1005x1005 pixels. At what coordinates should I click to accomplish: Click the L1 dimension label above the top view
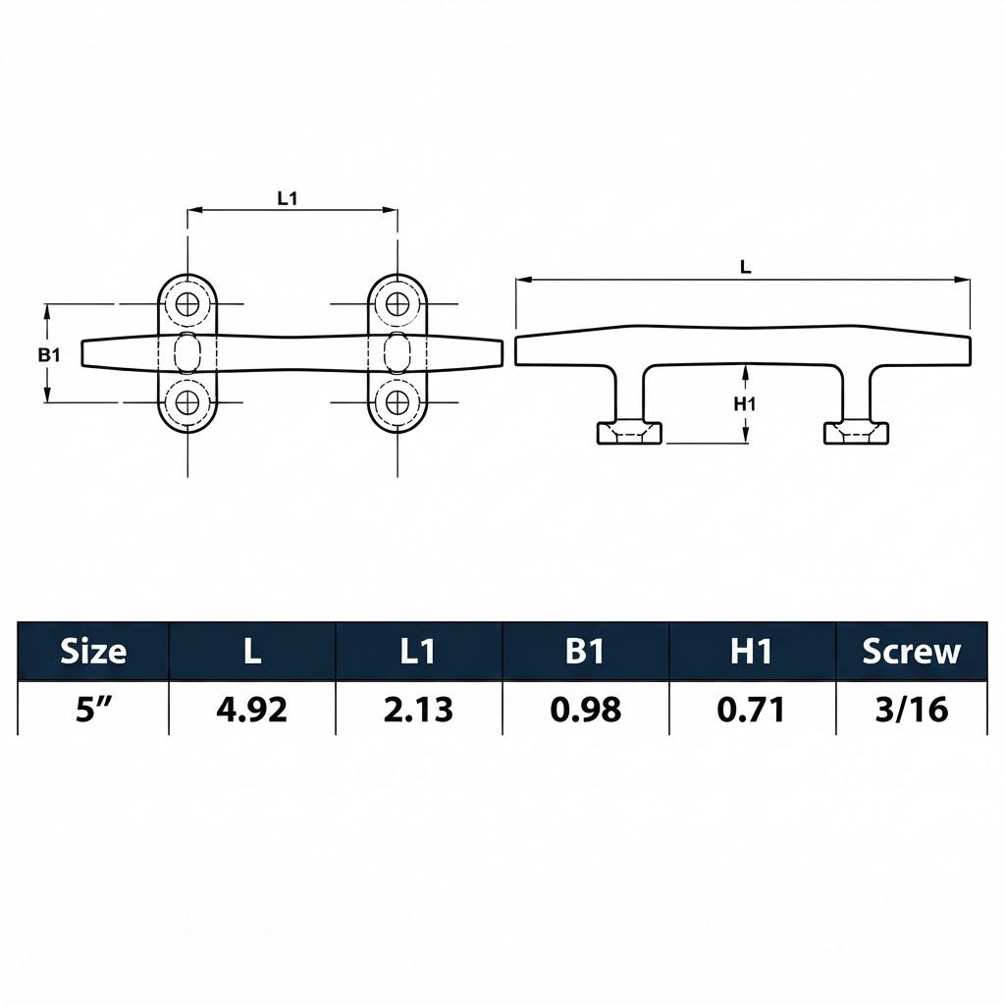tap(288, 198)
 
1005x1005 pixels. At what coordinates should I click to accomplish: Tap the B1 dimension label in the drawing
tap(49, 353)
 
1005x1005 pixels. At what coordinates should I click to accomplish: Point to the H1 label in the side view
tap(745, 403)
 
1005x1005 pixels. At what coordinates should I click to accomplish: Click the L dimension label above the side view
tap(746, 267)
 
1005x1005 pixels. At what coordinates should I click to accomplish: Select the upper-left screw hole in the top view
tap(187, 303)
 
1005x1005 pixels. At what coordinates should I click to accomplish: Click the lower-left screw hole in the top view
tap(187, 402)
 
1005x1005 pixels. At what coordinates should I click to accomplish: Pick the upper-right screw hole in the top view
tap(397, 303)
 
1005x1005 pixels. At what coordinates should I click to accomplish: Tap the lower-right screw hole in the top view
tap(397, 402)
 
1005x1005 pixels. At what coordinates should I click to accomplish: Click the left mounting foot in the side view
tap(629, 433)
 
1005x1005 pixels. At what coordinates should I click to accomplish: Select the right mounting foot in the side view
tap(856, 433)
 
